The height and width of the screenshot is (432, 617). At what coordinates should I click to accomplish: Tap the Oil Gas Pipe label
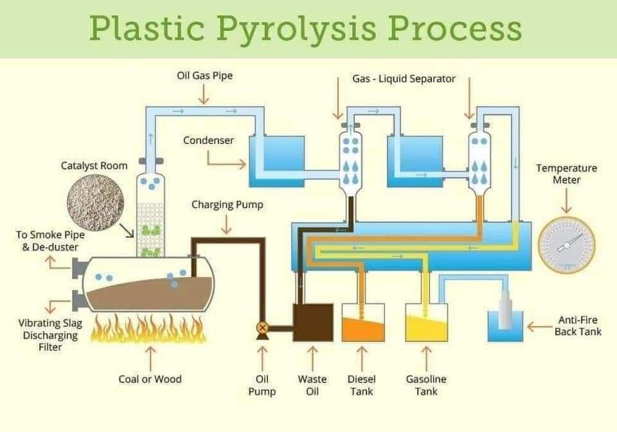(204, 76)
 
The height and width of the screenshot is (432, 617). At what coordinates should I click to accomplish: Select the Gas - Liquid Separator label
(404, 78)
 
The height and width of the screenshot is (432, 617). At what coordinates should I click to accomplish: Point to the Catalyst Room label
(94, 166)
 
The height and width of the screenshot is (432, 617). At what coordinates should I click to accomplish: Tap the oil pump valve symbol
(262, 327)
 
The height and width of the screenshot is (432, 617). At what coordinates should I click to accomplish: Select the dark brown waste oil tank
(313, 322)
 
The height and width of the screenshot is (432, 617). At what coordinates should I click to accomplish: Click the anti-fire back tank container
(505, 325)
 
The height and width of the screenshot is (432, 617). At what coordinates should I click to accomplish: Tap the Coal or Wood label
(150, 379)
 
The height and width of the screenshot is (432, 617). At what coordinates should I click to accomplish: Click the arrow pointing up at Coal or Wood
(150, 355)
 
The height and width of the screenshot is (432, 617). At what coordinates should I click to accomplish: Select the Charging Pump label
(227, 206)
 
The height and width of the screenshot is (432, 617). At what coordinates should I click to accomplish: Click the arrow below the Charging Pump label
(227, 224)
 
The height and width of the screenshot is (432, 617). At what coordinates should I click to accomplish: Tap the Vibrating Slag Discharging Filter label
(49, 335)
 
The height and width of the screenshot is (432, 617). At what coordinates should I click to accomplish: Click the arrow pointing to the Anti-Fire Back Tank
(539, 327)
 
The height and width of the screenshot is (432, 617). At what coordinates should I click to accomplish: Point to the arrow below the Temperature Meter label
(567, 201)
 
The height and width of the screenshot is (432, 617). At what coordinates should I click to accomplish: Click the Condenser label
(208, 140)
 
